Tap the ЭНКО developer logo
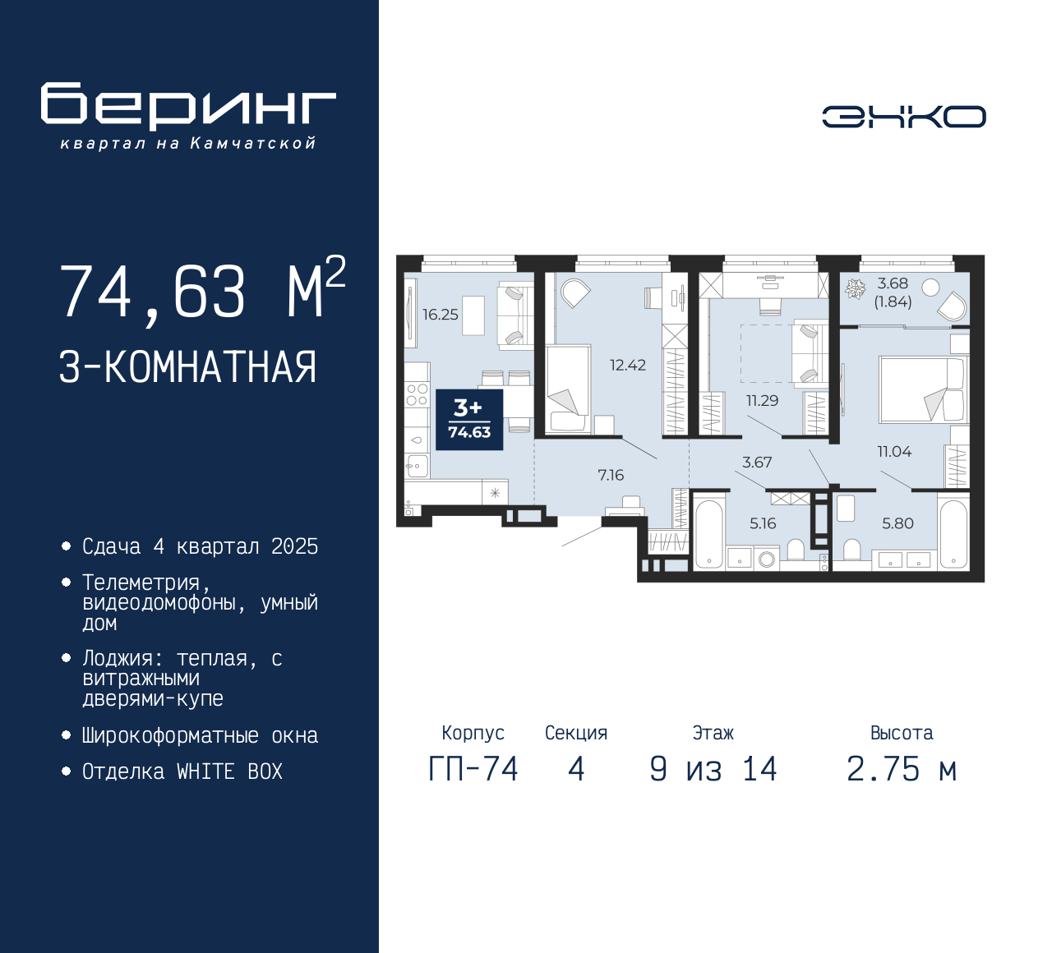coord(903,117)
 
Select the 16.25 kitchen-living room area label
coord(441,315)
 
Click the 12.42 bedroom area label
coord(628,365)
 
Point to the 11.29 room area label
coord(763,400)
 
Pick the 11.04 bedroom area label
coord(895,451)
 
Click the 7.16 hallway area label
coord(611,475)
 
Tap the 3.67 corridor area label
coord(757,462)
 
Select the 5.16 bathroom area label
coord(763,523)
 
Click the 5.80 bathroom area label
coord(897,523)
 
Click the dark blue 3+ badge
coord(469,419)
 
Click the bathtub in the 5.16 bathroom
coord(709,533)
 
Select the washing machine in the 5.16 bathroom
coord(766,559)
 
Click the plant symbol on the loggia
coord(855,289)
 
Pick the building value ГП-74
coord(473,769)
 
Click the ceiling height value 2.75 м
coord(902,769)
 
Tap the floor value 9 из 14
coord(713,769)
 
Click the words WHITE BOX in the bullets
coord(229,771)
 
